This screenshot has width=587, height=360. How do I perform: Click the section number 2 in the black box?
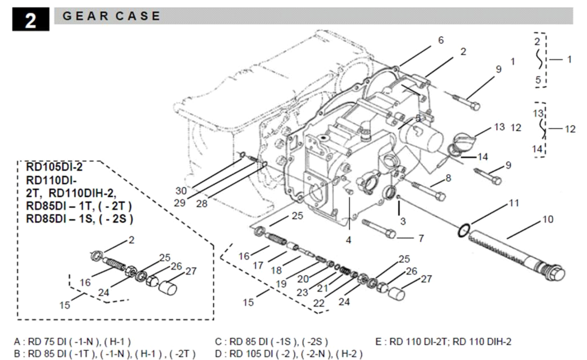coord(30,20)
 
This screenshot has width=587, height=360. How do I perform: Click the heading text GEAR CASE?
coord(111,16)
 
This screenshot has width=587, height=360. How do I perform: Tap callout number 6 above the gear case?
coord(441,40)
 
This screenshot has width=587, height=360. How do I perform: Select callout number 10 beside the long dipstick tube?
coord(547,219)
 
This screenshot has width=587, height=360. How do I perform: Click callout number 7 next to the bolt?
coord(421,239)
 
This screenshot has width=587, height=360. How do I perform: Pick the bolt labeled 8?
coord(429,191)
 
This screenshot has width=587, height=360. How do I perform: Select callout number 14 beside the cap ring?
coord(483,157)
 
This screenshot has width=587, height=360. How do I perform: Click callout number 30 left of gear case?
coord(181,191)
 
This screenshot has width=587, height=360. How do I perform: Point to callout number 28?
coord(201,204)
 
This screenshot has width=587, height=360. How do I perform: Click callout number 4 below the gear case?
coord(348,240)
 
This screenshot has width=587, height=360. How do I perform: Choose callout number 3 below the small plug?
coord(403,221)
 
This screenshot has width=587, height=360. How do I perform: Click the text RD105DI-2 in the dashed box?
coord(54,167)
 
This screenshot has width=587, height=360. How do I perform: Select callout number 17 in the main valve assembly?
coord(258,266)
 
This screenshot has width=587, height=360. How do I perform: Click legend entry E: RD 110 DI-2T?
coord(443,342)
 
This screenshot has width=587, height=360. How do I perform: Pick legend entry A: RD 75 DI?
coord(72,342)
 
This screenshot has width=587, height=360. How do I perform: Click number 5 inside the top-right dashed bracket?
coord(538,80)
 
